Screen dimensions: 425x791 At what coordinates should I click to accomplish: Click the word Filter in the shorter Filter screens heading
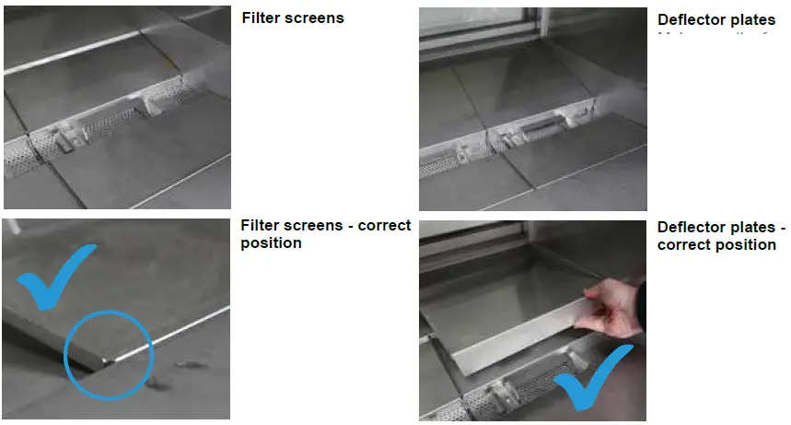pyautogui.click(x=262, y=18)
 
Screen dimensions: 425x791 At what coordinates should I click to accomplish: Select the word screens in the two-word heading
pyautogui.click(x=314, y=18)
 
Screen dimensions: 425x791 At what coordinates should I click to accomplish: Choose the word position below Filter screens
pyautogui.click(x=271, y=243)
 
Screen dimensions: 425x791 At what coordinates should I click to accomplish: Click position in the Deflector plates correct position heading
pyautogui.click(x=745, y=245)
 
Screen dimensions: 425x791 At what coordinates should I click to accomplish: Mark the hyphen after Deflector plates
pyautogui.click(x=782, y=228)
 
